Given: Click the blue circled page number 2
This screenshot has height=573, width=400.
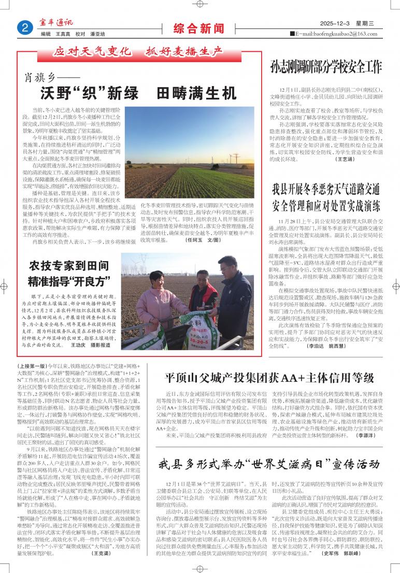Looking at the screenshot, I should (24, 28).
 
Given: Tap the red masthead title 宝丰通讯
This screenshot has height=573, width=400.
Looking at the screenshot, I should (57, 23).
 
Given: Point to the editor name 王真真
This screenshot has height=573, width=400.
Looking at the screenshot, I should (63, 34).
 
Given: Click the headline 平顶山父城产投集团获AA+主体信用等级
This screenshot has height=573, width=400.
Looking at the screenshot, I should (269, 377).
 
